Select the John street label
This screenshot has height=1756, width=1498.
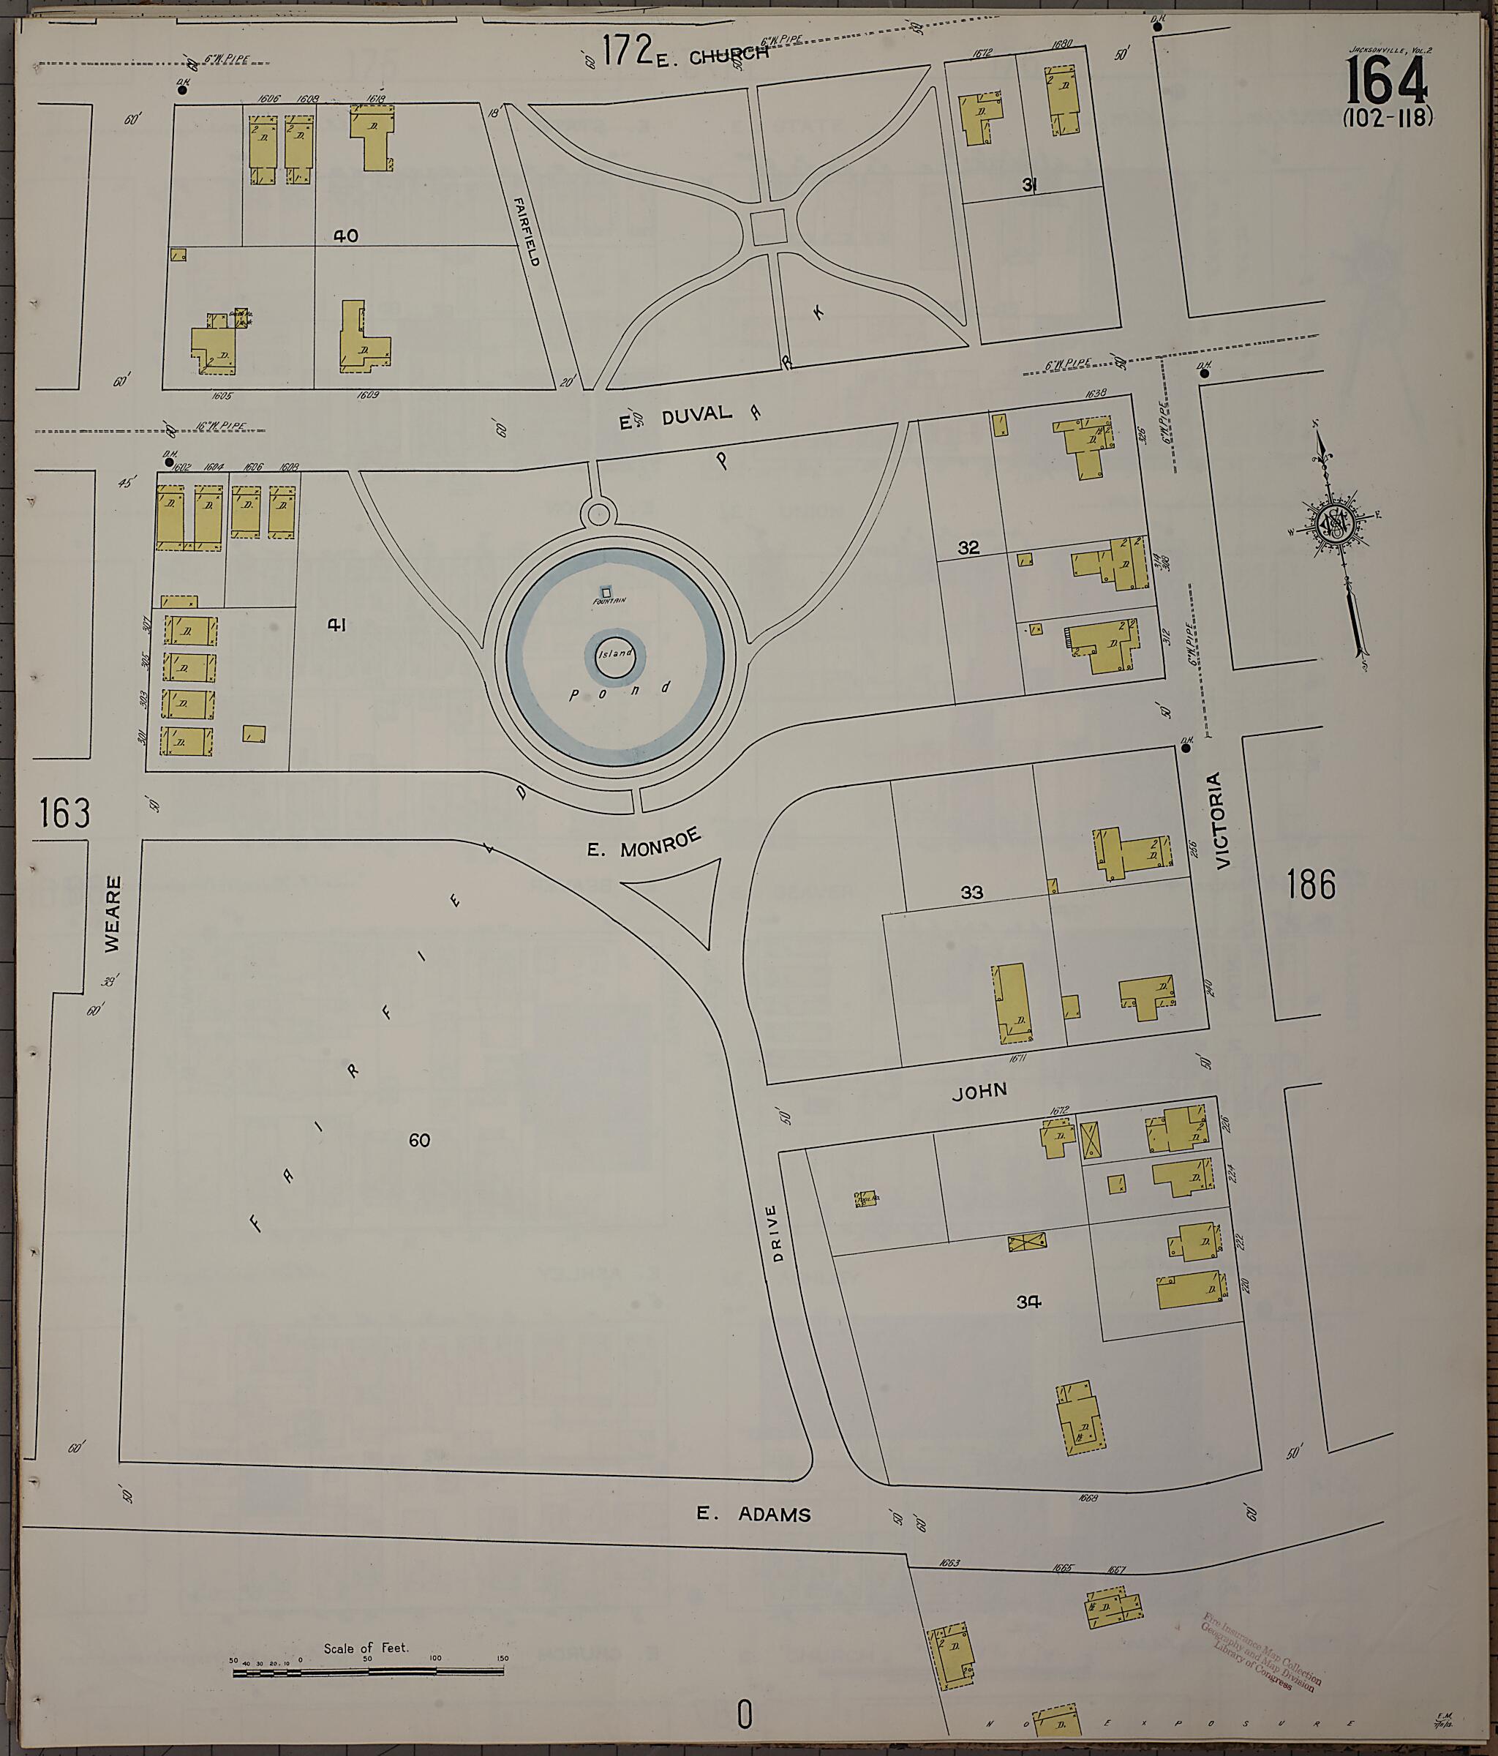coord(979,1092)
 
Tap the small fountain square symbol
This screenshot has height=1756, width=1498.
coord(606,590)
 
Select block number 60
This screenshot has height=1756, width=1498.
coord(419,1140)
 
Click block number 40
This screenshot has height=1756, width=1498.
coord(346,236)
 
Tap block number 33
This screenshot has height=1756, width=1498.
coord(972,893)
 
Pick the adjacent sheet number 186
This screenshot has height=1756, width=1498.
coord(1311,885)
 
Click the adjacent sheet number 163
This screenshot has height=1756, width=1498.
coord(64,814)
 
